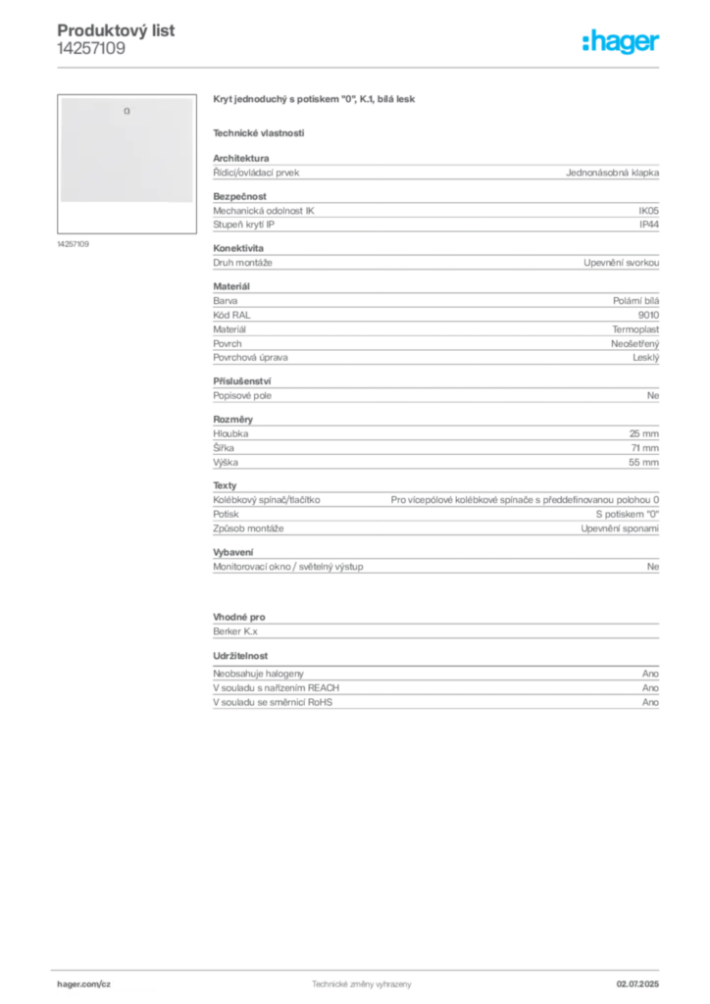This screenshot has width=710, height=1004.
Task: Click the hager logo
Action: tap(620, 42)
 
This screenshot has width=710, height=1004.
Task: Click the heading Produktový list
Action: tap(116, 30)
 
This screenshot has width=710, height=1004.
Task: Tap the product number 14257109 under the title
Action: tap(91, 49)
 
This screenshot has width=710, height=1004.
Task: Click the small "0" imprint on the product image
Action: tap(127, 112)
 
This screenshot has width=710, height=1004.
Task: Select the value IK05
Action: tap(648, 211)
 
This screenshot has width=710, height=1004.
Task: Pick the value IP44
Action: tap(649, 225)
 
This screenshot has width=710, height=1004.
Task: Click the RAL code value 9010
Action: tap(648, 315)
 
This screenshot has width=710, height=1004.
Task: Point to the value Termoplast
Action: tap(635, 329)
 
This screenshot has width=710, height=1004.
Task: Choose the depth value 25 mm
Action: tap(644, 433)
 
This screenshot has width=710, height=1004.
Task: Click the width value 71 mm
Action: tap(644, 448)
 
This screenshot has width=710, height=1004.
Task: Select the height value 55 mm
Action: tap(643, 463)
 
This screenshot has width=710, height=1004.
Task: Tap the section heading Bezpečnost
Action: tap(239, 196)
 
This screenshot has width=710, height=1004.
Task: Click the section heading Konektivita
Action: tap(238, 248)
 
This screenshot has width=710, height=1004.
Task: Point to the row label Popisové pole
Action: tap(242, 396)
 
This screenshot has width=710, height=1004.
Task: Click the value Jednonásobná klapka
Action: tap(612, 173)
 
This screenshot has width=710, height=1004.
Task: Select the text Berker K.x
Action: tap(235, 631)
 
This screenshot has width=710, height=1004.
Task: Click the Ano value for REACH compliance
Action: tap(650, 687)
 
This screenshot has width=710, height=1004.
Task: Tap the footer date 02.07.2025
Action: tap(637, 984)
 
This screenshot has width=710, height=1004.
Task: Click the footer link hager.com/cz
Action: tap(84, 984)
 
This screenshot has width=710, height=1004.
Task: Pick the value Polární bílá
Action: tap(635, 301)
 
